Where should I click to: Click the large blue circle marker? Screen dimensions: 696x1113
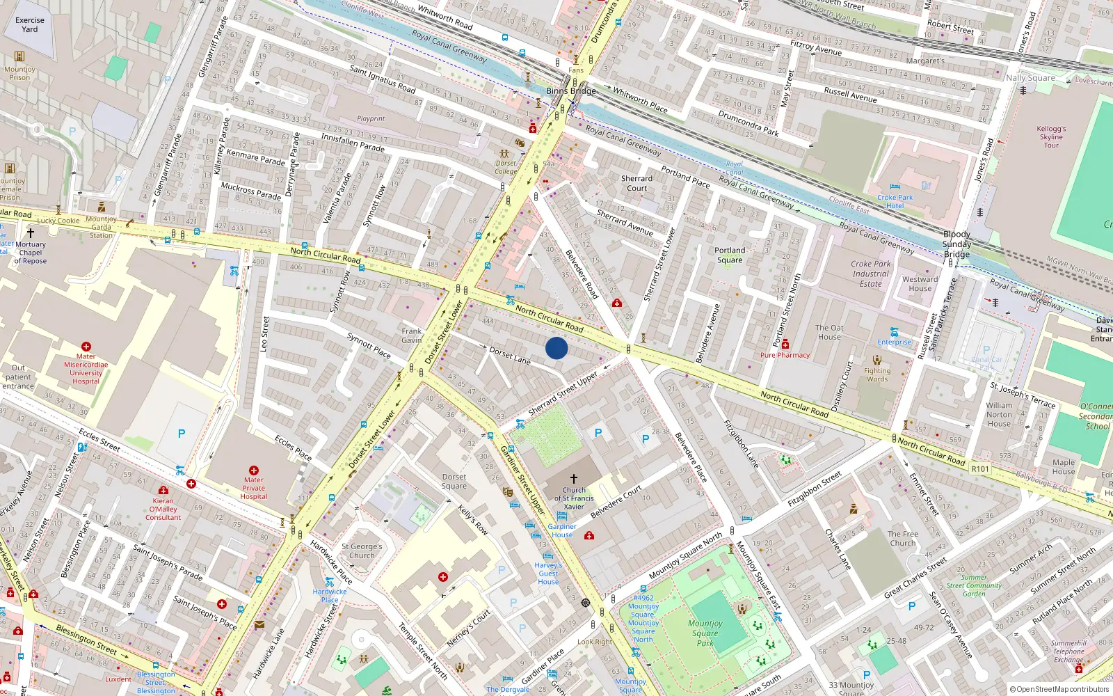click(556, 348)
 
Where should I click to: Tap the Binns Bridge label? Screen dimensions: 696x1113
click(570, 91)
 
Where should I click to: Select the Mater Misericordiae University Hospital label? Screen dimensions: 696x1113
click(86, 369)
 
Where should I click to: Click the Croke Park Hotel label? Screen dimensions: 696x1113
click(895, 201)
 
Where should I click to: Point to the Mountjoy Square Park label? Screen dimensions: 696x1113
click(705, 633)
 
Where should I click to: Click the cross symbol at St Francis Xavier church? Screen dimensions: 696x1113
click(574, 479)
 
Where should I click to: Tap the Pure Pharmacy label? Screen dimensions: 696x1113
click(785, 355)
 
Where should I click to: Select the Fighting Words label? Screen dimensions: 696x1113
click(877, 375)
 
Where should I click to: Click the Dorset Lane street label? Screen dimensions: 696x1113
click(509, 355)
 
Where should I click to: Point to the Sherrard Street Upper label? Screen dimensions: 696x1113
click(563, 394)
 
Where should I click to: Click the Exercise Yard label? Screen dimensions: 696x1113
click(30, 24)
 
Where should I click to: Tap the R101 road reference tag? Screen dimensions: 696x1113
click(980, 469)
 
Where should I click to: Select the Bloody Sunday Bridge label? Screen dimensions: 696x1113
click(956, 244)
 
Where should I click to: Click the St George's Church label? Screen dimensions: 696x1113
click(362, 551)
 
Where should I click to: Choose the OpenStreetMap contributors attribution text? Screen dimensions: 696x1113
click(1059, 690)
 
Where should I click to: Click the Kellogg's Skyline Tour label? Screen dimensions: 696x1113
click(1051, 137)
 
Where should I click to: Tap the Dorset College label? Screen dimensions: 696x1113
click(506, 167)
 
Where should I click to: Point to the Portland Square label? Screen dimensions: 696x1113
click(730, 255)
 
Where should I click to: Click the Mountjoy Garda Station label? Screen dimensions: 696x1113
click(102, 227)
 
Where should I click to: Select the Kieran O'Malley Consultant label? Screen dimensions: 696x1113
click(163, 509)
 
